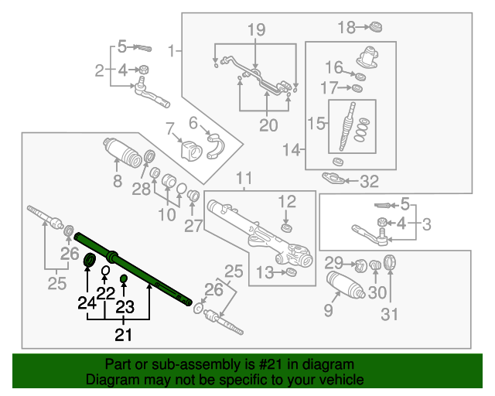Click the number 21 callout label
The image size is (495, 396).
click(124, 334)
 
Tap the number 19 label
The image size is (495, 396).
click(256, 30)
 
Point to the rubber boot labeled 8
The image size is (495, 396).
click(119, 152)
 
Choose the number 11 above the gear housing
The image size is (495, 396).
click(244, 178)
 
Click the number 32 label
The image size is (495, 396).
click(370, 183)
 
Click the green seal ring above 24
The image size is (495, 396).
click(88, 259)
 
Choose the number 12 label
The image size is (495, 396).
click(287, 201)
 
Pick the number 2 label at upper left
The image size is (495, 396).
click(99, 71)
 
